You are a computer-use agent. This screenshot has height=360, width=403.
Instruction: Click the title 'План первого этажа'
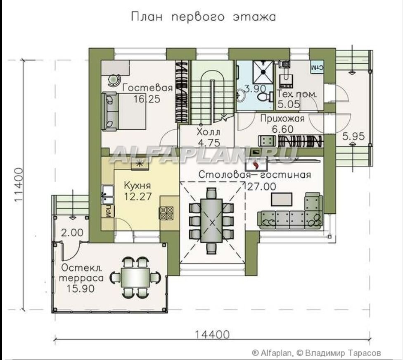click(x=204, y=17)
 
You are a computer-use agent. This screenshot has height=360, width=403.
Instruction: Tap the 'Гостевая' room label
click(x=147, y=88)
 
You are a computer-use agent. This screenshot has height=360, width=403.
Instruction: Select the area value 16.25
click(x=147, y=99)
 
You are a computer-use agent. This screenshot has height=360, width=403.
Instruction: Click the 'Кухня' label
click(x=137, y=185)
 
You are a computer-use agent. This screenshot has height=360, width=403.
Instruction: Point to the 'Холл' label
click(x=209, y=132)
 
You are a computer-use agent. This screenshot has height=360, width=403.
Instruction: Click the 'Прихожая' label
click(x=282, y=119)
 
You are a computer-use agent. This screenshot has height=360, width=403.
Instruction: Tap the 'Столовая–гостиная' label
click(x=255, y=175)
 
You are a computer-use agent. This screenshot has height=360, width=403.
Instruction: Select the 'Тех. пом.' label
click(x=296, y=94)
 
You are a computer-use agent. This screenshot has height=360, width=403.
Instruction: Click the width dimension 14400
click(x=212, y=335)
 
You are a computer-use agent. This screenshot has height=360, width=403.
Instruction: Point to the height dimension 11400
click(x=19, y=185)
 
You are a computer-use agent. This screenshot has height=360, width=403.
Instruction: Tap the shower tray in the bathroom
click(x=263, y=72)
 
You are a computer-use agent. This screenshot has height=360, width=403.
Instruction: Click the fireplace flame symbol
click(x=255, y=165)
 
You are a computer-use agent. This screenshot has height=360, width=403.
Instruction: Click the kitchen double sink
click(x=108, y=195)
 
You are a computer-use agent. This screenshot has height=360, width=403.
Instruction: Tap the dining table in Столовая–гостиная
click(x=212, y=221)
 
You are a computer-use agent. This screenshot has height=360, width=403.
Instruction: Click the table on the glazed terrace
click(x=135, y=277)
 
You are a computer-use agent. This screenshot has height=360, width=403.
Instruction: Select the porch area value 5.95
click(x=353, y=136)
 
